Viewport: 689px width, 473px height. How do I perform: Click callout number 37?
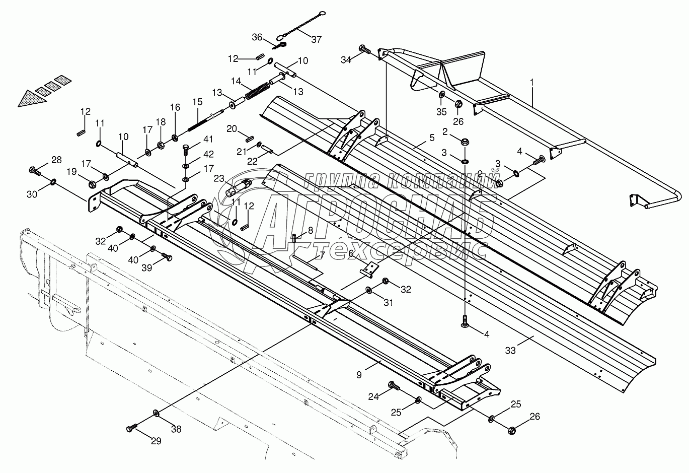[317, 38]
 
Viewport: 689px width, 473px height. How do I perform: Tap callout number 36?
[257, 37]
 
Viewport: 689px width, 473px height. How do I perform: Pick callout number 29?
[156, 441]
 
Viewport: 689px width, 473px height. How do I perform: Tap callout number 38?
[176, 429]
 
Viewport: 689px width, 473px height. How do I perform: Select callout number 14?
[237, 81]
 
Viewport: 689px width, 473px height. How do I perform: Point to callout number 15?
[197, 102]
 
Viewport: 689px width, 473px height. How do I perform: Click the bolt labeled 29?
[132, 428]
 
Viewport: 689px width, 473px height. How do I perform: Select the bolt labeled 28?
[36, 170]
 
